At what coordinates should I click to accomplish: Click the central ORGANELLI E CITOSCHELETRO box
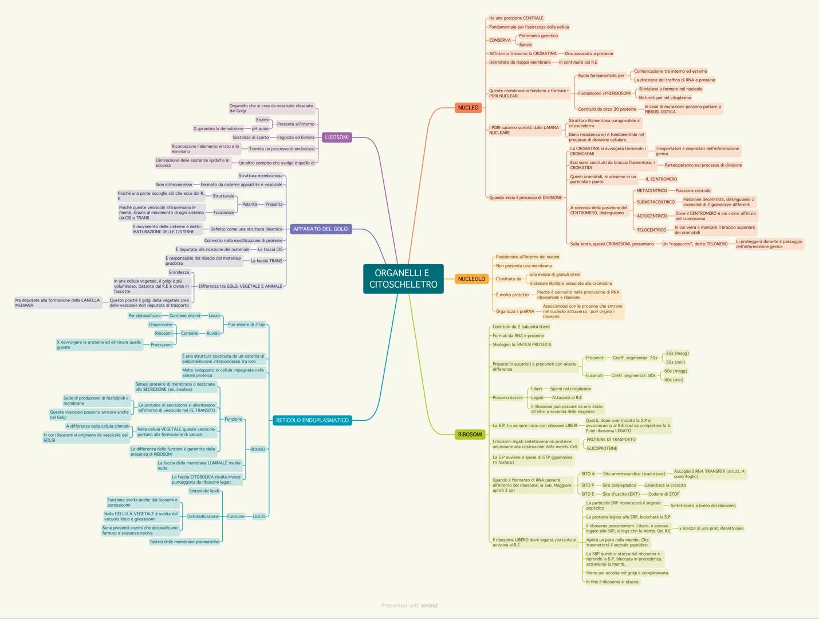coord(403,279)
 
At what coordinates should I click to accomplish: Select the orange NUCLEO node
coord(468,108)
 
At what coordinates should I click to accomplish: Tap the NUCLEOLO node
coord(471,279)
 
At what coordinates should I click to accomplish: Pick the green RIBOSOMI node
coord(470,434)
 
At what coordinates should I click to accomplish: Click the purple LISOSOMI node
coord(337,138)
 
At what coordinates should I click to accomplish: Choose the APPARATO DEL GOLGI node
coord(321,229)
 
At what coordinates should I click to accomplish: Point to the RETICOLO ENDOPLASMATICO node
coord(312,421)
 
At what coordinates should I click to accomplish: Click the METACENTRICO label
coord(652,191)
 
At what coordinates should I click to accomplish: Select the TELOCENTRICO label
coord(651,230)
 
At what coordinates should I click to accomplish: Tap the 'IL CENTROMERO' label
coord(661,179)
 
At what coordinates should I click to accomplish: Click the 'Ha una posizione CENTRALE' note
coord(516,18)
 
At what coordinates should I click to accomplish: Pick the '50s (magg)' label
coord(677,354)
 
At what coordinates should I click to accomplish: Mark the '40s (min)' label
coord(674,380)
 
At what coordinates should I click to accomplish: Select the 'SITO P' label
coord(588,485)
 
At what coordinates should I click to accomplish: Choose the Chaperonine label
coord(160,325)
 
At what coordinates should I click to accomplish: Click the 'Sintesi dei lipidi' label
coord(204,491)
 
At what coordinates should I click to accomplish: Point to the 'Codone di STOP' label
coord(664,494)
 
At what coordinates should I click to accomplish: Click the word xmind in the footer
coord(429,605)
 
